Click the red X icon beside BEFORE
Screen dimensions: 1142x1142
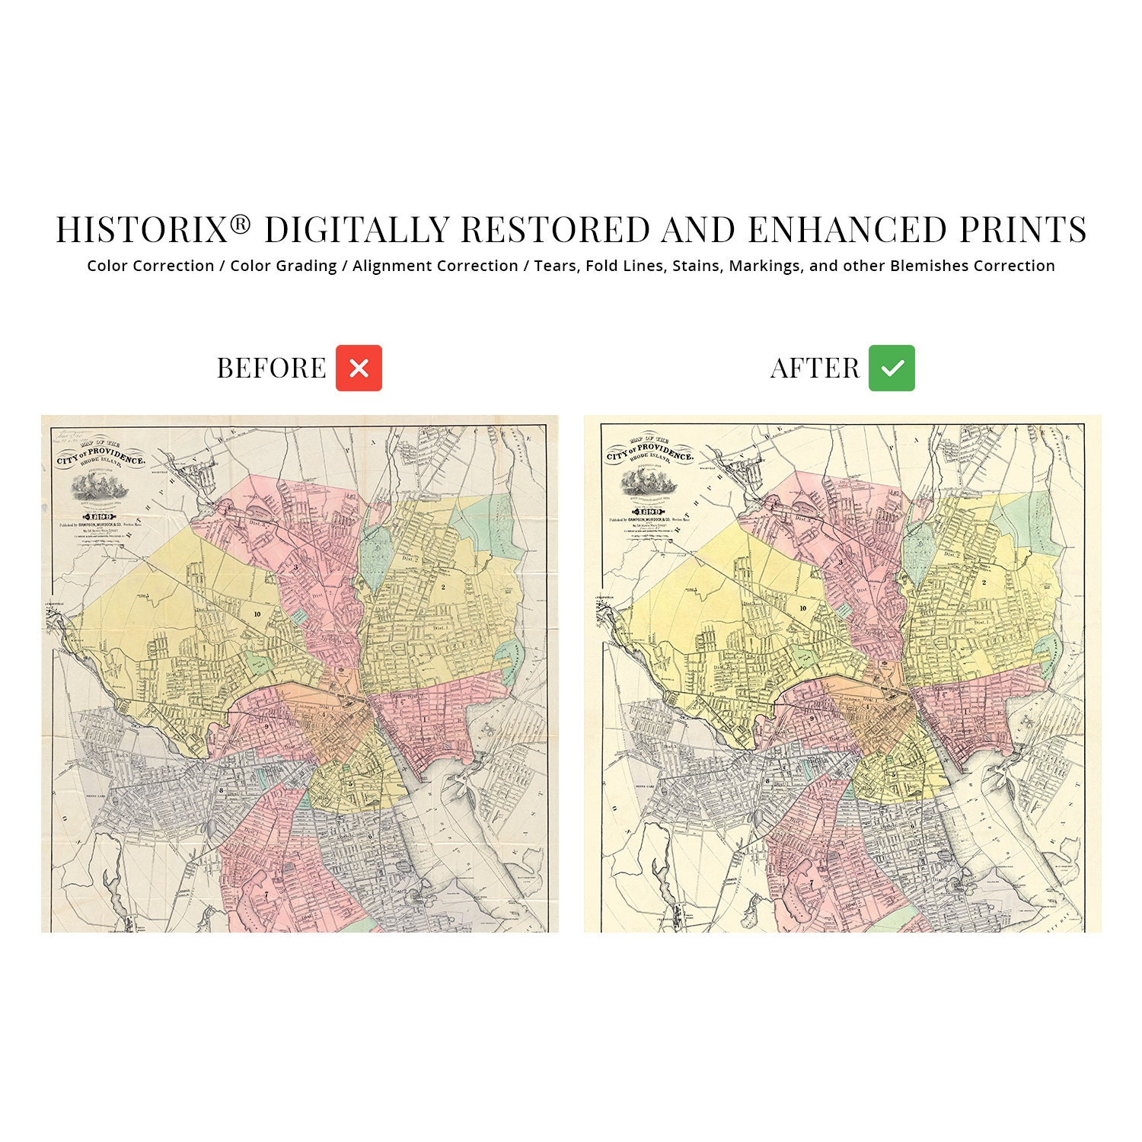(x=359, y=368)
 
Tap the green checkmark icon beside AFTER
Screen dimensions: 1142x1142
(x=892, y=368)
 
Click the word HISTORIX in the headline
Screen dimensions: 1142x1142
(x=142, y=230)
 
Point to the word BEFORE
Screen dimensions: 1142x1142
(x=271, y=368)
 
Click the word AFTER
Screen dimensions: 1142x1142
(x=815, y=368)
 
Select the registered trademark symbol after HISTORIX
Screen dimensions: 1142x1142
(x=241, y=223)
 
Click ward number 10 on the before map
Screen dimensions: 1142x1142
(x=257, y=614)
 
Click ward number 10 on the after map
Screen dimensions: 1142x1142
(x=802, y=608)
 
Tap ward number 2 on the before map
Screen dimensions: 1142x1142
(x=442, y=586)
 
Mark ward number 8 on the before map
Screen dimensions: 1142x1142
(x=221, y=790)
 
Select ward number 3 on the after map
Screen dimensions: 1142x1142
(x=841, y=563)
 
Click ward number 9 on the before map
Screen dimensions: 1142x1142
(x=268, y=726)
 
